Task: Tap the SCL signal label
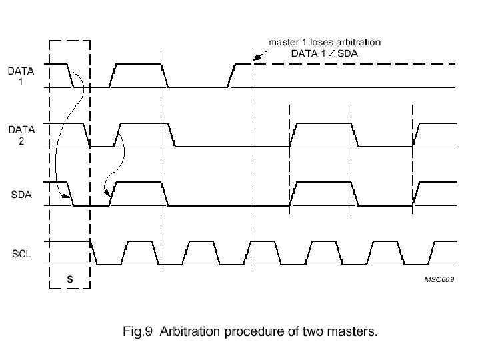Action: (19, 254)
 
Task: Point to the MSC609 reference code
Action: (439, 280)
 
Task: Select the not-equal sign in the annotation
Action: (332, 53)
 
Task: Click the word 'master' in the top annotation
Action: (283, 42)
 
